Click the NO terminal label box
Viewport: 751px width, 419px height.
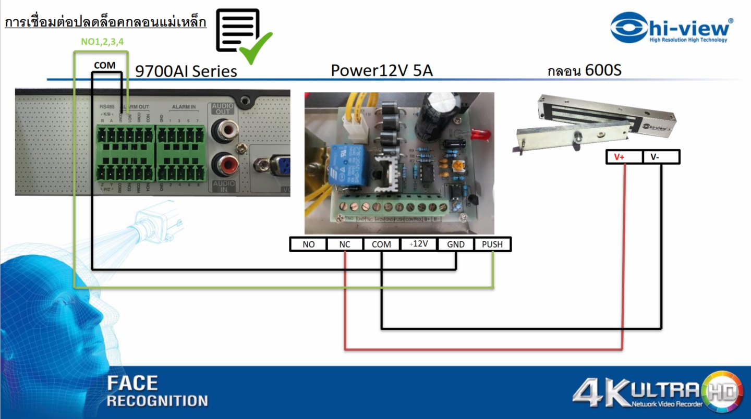tap(308, 244)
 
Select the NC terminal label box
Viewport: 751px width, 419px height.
tap(345, 244)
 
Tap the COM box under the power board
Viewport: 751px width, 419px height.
tap(381, 244)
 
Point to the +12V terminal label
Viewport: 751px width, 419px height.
tap(418, 243)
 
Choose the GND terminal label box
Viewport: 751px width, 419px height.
tap(455, 244)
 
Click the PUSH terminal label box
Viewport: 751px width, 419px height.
tap(492, 244)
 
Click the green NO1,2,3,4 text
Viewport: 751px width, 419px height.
tap(102, 42)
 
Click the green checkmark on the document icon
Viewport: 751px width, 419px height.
tap(256, 47)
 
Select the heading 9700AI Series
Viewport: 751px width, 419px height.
tap(186, 71)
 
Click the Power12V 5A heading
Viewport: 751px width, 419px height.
tap(382, 70)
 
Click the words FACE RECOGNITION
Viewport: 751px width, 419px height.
tap(157, 391)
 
